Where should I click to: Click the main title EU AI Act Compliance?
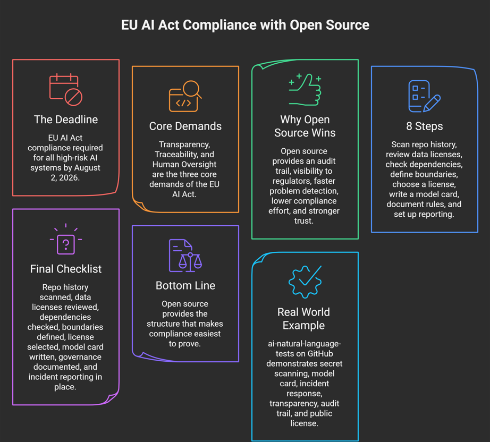[x=245, y=25]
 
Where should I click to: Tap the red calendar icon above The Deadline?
[x=65, y=90]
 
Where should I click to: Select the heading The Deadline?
[x=66, y=120]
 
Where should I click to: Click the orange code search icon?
[x=185, y=96]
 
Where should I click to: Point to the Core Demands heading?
[x=185, y=126]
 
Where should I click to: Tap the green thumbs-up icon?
[x=305, y=90]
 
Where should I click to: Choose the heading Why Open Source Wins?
[x=305, y=126]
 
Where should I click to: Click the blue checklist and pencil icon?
[x=425, y=96]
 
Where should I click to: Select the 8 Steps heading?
[x=425, y=126]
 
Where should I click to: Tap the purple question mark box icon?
[x=66, y=239]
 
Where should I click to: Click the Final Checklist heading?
[x=66, y=269]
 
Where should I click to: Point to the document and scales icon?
[x=185, y=256]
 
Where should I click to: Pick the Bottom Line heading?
[x=185, y=285]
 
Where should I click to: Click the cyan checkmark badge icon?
[x=305, y=282]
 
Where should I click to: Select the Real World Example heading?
[x=304, y=319]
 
